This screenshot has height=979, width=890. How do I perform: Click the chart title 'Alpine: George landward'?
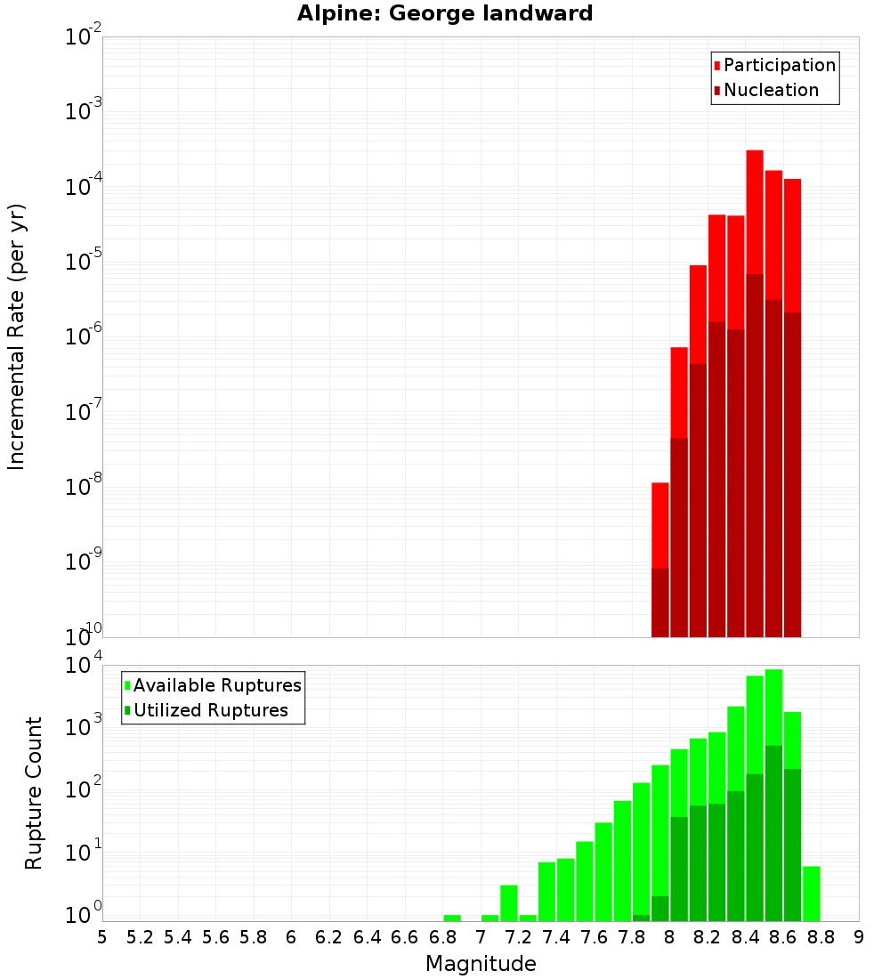pos(444,13)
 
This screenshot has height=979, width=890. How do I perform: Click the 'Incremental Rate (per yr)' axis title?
pos(17,336)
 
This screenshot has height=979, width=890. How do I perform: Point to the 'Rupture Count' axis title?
pos(34,793)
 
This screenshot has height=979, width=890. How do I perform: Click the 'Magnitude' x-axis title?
pos(481,964)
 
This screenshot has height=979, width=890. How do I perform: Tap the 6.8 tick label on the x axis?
pos(442,937)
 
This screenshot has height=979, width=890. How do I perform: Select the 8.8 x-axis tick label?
pos(821,937)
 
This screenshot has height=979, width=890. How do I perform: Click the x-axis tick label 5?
pos(102,937)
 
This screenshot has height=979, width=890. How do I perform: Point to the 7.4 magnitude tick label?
pos(556,937)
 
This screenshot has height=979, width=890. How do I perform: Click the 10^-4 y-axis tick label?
pos(83,188)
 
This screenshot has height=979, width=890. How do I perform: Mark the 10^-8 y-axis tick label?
pos(83,487)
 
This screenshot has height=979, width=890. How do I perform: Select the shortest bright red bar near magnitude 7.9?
pos(660,525)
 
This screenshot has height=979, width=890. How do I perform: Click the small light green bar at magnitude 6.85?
pos(452,918)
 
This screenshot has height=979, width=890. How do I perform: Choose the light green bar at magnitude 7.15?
pos(509,902)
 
